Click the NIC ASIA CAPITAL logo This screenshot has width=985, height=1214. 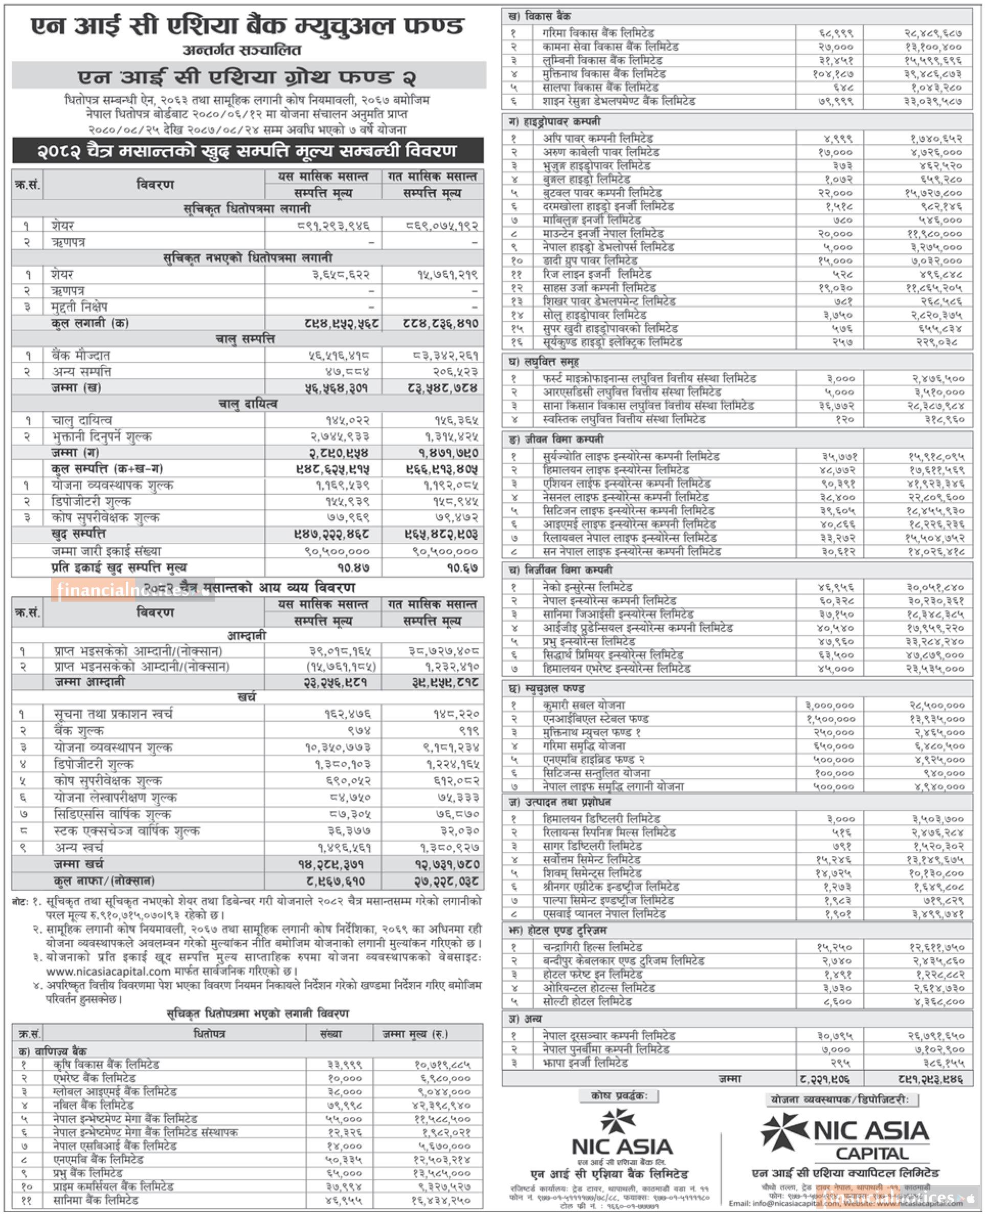pos(845,1137)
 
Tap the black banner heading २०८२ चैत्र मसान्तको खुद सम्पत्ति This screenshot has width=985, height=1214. pos(248,151)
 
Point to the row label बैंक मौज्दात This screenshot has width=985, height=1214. pos(81,355)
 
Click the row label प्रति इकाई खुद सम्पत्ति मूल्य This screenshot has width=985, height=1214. pos(119,567)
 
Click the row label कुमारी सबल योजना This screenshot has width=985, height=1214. pos(584,705)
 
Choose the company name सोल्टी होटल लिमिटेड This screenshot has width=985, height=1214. pos(587,1001)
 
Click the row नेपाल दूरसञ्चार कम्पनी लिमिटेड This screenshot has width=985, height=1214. pos(608,1035)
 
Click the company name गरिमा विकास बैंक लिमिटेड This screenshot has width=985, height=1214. pos(598,33)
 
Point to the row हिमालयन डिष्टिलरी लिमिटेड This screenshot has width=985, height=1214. pos(601,819)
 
